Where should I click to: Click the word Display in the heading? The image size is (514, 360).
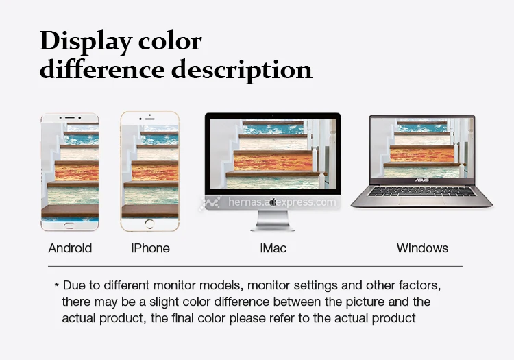click(86, 42)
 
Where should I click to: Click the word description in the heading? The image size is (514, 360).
click(242, 70)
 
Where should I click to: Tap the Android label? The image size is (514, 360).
click(70, 248)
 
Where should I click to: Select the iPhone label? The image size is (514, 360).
click(151, 248)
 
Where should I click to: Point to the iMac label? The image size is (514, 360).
click(273, 248)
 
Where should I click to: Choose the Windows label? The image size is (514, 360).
click(422, 248)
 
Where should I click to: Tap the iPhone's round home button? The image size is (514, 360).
click(149, 224)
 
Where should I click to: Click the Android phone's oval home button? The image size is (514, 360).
click(70, 225)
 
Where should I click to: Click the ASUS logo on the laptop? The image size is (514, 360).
click(422, 180)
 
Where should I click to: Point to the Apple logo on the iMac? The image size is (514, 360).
click(273, 202)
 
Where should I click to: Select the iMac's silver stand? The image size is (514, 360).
click(273, 221)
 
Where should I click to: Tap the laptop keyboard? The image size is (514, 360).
click(421, 192)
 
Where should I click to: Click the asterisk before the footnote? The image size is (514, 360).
click(57, 285)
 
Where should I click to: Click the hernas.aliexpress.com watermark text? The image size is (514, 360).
click(282, 202)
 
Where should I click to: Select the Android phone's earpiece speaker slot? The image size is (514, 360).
click(69, 117)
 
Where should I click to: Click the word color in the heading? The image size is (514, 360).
click(170, 42)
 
